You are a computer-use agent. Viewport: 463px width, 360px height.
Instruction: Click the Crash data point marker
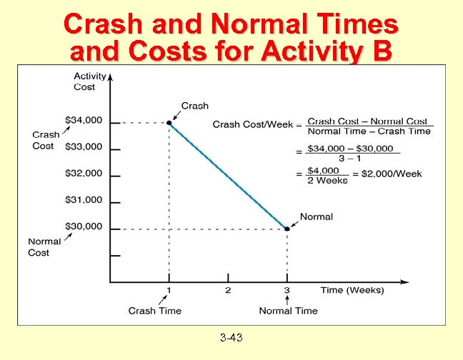(169, 123)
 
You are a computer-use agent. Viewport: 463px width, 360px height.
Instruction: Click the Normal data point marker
(287, 229)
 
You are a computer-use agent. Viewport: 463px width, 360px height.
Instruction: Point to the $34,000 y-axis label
(84, 119)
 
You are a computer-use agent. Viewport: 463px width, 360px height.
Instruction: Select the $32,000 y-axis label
(84, 173)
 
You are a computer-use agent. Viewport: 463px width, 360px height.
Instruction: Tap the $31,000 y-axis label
(84, 200)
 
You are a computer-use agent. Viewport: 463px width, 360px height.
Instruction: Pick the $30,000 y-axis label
(84, 226)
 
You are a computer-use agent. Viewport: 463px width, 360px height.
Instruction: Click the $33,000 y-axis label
(84, 146)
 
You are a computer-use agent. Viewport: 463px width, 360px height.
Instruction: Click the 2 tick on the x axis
(228, 290)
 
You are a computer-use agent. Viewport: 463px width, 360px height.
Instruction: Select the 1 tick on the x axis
(169, 290)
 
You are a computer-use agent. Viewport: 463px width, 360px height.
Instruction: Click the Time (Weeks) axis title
(352, 290)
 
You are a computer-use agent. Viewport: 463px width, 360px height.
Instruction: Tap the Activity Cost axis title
(89, 81)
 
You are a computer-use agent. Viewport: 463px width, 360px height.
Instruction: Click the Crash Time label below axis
(155, 311)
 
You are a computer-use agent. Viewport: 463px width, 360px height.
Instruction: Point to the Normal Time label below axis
(288, 311)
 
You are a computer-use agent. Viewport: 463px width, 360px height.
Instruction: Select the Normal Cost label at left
(44, 247)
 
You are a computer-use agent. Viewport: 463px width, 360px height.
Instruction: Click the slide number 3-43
(231, 336)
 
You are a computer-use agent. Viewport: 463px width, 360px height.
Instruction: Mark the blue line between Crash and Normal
(228, 176)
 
